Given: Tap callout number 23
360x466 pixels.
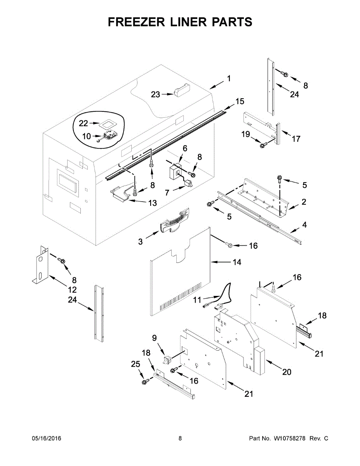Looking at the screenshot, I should [x=155, y=94].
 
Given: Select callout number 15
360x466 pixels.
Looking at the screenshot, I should [x=240, y=101].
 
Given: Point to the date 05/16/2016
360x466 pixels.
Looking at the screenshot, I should [x=46, y=438].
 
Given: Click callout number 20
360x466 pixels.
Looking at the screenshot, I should [x=286, y=372].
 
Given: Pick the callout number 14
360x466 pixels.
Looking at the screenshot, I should [x=237, y=263].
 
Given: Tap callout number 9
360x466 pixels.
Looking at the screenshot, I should [x=155, y=338].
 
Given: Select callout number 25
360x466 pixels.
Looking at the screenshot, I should [x=135, y=364].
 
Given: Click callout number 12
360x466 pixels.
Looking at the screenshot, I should [x=72, y=289].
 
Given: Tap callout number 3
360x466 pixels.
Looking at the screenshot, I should [x=140, y=242].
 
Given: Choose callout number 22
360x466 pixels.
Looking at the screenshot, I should [x=83, y=123].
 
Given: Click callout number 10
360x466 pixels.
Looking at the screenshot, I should [x=86, y=136].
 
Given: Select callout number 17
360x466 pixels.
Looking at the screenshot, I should [x=296, y=139].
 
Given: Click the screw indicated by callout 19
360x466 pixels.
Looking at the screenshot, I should [x=263, y=145].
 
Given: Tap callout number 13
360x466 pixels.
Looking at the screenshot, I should [x=152, y=203].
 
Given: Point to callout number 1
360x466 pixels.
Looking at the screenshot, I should [x=229, y=78].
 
